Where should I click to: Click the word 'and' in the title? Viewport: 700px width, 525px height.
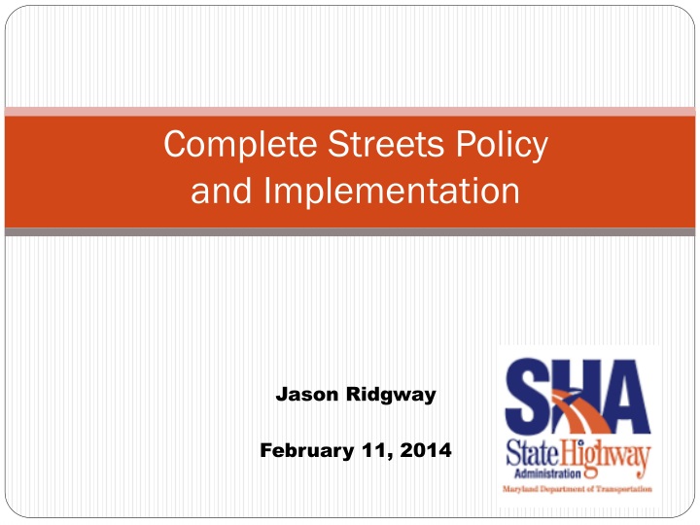point(219,191)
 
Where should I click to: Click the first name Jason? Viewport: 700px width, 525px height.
point(306,395)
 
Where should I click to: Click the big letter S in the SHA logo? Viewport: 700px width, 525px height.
point(528,400)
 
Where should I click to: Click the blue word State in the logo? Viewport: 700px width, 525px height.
point(534,454)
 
